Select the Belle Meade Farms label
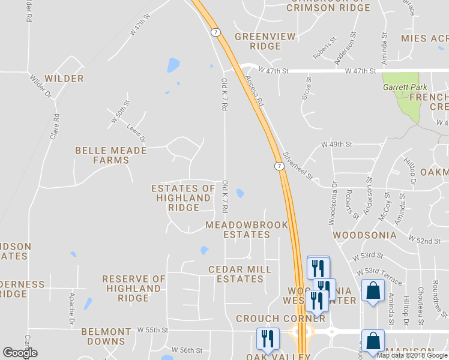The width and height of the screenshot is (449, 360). pyautogui.click(x=110, y=155)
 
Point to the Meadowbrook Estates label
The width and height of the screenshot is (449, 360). pyautogui.click(x=247, y=230)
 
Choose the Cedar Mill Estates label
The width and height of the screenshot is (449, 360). pyautogui.click(x=240, y=274)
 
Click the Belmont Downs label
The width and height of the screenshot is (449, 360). pyautogui.click(x=106, y=336)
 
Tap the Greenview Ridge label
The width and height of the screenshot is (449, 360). pyautogui.click(x=265, y=41)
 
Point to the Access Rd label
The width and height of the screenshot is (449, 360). pyautogui.click(x=255, y=91)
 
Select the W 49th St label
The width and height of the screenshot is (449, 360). pyautogui.click(x=336, y=145)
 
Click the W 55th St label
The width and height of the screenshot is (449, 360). pyautogui.click(x=152, y=330)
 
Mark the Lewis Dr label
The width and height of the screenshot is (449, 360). pyautogui.click(x=136, y=133)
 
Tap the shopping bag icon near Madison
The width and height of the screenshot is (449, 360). pyautogui.click(x=372, y=340)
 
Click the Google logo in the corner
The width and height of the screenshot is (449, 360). pyautogui.click(x=19, y=353)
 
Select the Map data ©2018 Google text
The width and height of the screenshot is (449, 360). pyautogui.click(x=412, y=355)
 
